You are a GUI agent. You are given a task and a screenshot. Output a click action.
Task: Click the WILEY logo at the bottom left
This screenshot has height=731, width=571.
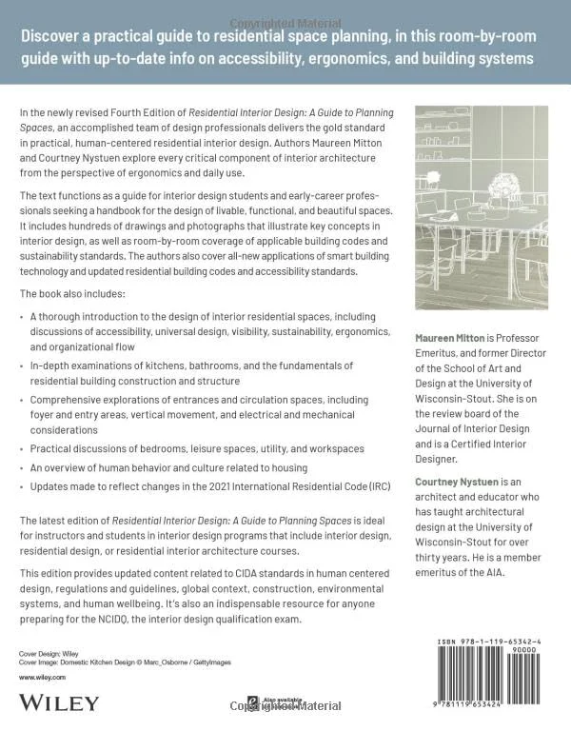tap(58, 702)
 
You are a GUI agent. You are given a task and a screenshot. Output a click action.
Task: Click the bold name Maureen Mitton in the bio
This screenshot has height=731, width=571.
tap(450, 338)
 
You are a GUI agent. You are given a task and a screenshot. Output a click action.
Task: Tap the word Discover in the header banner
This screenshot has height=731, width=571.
tap(60, 38)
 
